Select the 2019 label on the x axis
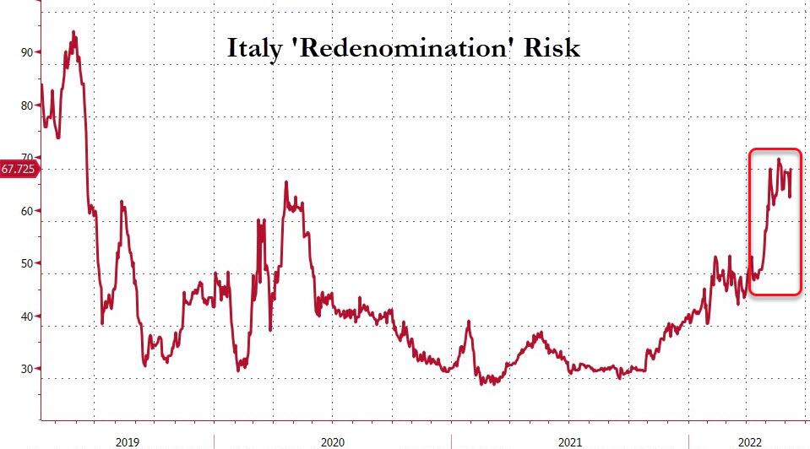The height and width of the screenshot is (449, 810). pyautogui.click(x=128, y=441)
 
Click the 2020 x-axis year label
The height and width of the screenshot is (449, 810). pyautogui.click(x=332, y=441)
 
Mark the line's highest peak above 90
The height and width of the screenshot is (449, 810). pyautogui.click(x=73, y=32)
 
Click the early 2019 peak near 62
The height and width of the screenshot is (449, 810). pyautogui.click(x=122, y=202)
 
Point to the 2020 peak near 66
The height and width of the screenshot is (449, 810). pyautogui.click(x=285, y=182)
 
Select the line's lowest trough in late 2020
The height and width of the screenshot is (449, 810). pyautogui.click(x=483, y=384)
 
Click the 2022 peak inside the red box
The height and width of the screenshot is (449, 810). pyautogui.click(x=779, y=160)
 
